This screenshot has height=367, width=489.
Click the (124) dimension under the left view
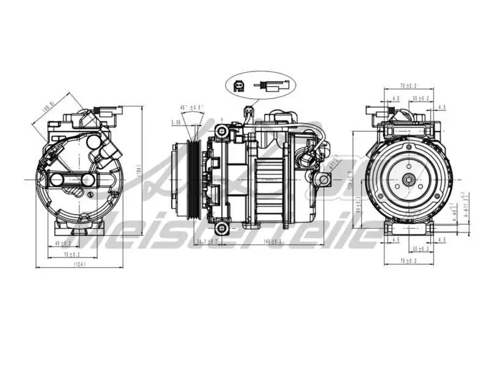78,265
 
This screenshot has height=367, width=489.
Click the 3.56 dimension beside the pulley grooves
176,122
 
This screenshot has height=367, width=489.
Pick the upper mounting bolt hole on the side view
224,130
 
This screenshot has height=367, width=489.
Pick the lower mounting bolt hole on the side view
224,228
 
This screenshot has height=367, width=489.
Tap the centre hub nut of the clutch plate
408,180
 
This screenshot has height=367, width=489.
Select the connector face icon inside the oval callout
239,87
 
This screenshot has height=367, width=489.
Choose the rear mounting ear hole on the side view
324,179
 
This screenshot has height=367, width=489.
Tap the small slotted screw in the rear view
90,195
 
